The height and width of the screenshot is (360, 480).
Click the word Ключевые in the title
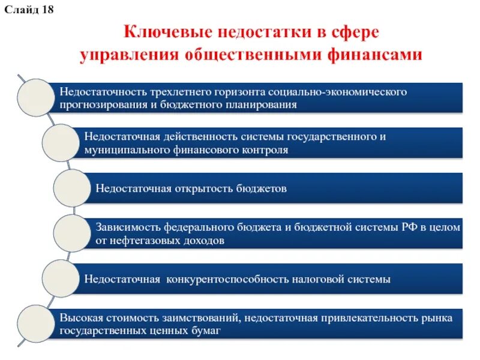click(162, 31)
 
